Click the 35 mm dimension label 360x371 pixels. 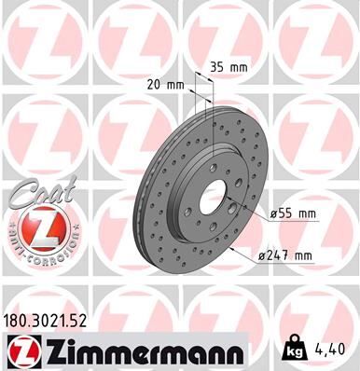230,67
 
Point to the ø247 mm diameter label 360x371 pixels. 291,254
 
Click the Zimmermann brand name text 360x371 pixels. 135,350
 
